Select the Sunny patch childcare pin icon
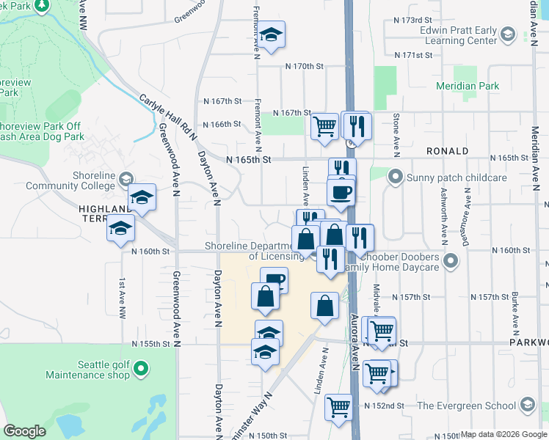click(x=396, y=177)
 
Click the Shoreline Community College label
click(x=70, y=180)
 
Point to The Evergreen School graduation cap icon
click(x=527, y=406)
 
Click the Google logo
click(x=24, y=431)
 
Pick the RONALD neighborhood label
click(x=447, y=151)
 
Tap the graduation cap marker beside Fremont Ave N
click(x=271, y=34)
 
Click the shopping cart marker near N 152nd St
click(x=338, y=406)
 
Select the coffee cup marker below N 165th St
click(x=341, y=193)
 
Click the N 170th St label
click(x=305, y=66)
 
